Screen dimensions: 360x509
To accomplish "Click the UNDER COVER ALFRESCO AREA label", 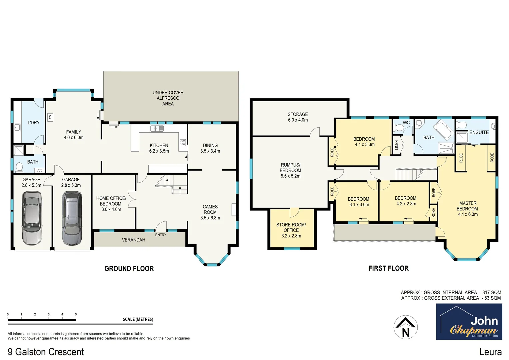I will [168, 98].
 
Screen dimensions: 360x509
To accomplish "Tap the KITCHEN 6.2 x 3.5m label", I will [159, 148].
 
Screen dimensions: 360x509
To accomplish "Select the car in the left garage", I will [31, 217].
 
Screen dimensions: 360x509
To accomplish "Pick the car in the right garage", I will [72, 218].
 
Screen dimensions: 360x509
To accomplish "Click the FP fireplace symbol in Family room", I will [51, 117].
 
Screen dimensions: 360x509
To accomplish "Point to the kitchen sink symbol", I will [157, 128].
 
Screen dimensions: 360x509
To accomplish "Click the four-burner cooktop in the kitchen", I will [183, 143].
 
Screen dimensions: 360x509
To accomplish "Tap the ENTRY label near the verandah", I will [160, 235].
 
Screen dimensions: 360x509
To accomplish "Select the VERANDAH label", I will [133, 240].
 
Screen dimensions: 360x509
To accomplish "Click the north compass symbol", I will [405, 327].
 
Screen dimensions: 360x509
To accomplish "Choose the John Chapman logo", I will [469, 322].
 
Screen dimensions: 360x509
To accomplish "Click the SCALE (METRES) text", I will [138, 319].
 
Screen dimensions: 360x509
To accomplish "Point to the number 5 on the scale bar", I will [76, 314].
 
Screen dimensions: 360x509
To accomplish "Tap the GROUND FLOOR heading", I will [129, 269].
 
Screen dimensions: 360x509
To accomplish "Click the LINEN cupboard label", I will [396, 144].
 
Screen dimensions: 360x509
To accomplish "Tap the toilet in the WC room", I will [399, 128].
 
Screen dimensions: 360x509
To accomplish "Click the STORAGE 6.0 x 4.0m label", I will [298, 117].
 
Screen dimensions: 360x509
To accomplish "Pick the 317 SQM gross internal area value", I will [492, 292].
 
